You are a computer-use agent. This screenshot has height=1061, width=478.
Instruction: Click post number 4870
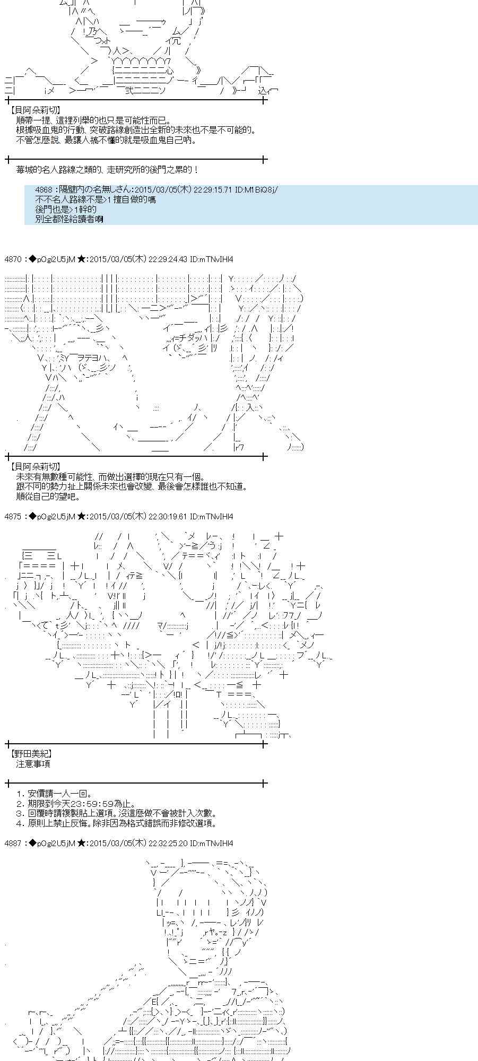[13, 259]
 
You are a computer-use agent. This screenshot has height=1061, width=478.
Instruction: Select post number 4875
[13, 516]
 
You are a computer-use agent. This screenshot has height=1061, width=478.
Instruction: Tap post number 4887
[13, 843]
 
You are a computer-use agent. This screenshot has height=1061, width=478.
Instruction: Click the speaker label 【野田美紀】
[31, 753]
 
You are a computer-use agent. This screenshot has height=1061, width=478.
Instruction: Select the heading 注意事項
[33, 764]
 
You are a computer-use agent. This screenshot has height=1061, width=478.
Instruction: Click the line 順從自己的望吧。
[48, 497]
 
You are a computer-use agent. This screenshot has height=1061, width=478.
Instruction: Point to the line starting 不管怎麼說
[106, 140]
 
